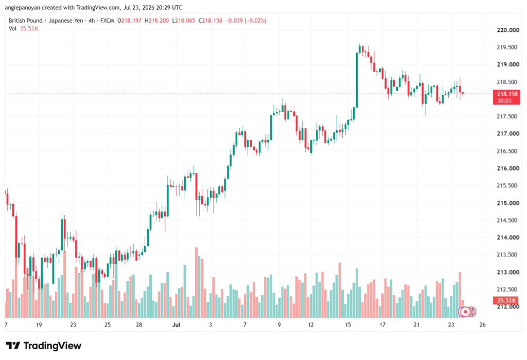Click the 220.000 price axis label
508,30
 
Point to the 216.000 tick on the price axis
508,168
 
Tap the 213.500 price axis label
507,255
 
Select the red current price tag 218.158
506,97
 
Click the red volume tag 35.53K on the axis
506,300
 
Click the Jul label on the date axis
176,324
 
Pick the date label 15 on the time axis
348,324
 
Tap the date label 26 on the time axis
483,324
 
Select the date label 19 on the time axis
39,324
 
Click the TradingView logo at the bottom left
44,346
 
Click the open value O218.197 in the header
129,21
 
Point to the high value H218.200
156,21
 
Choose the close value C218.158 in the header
210,21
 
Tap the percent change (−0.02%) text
255,21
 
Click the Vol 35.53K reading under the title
24,29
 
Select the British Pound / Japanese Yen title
46,21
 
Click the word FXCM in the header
107,21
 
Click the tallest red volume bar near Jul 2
196,283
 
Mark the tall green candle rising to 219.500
357,80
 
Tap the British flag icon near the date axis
471,312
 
